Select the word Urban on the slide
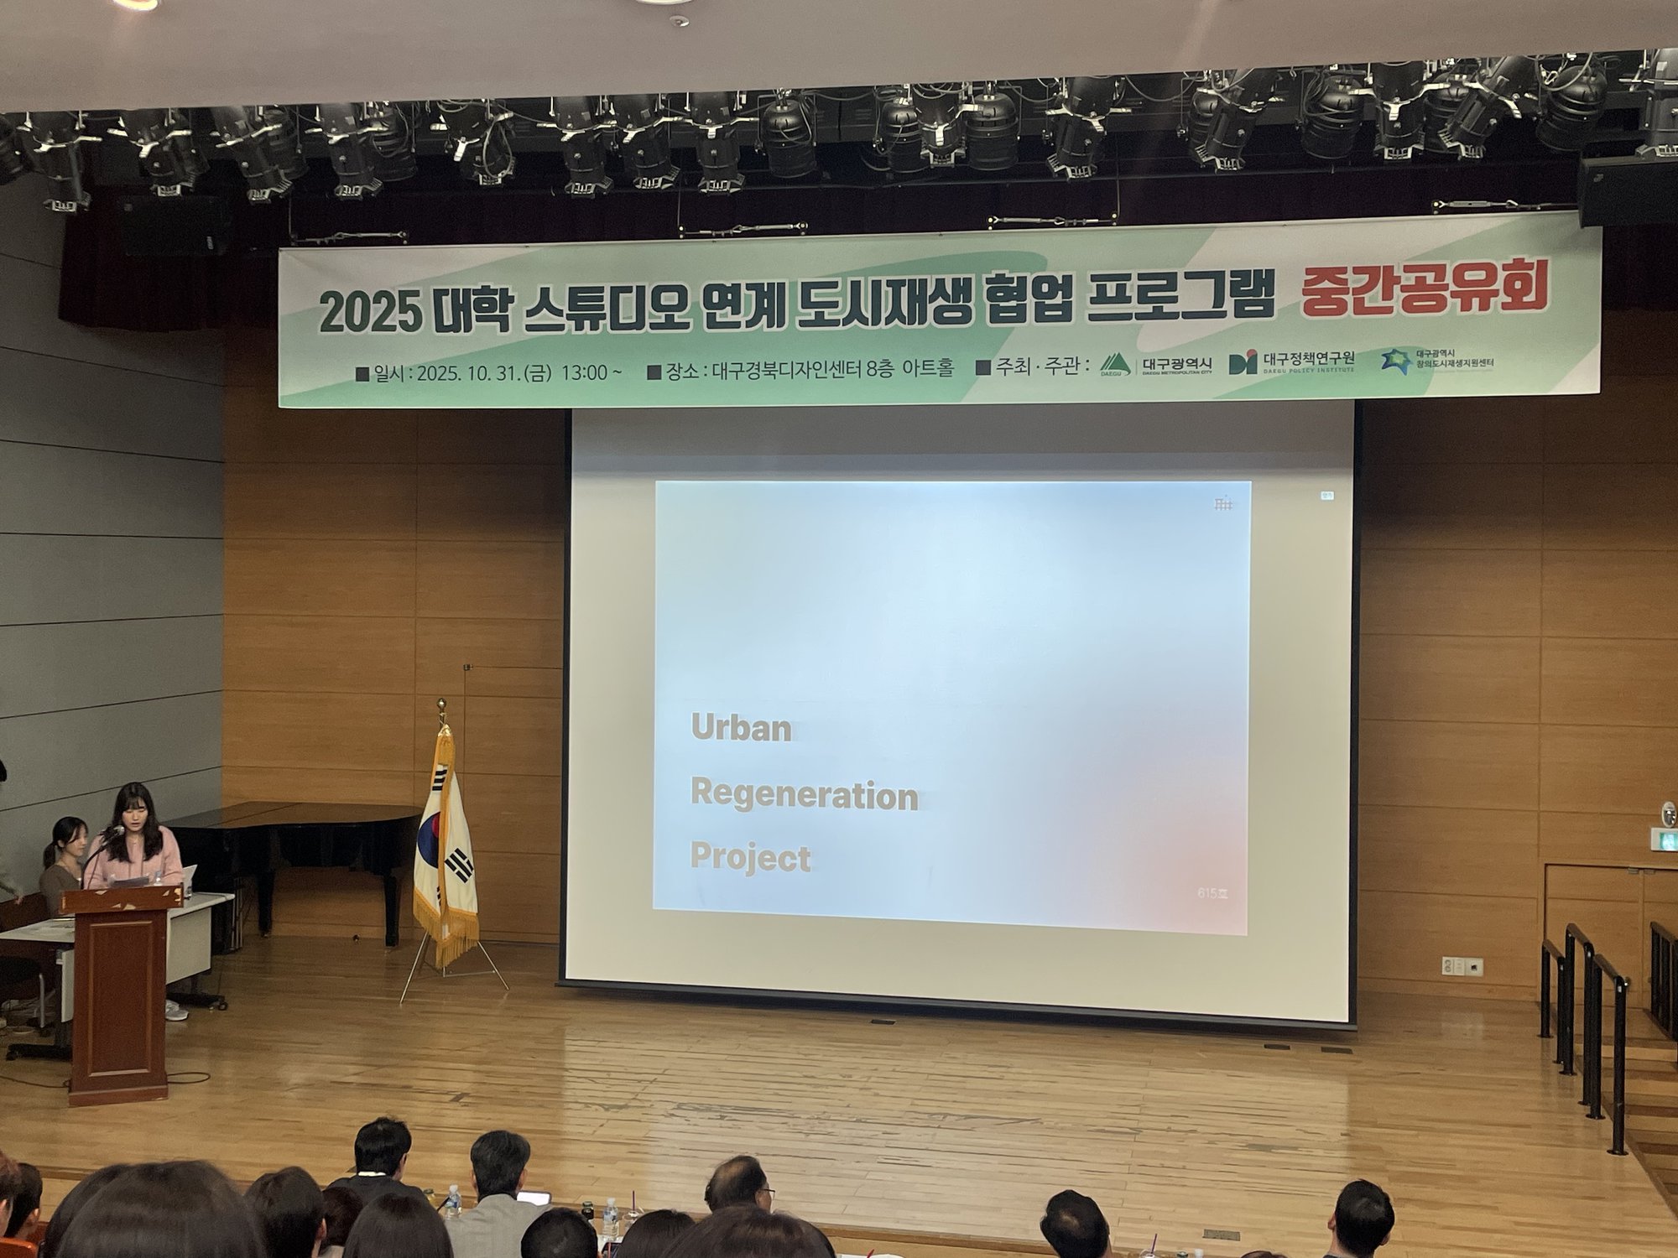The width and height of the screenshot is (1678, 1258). [741, 728]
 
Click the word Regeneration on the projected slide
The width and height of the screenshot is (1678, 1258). [804, 794]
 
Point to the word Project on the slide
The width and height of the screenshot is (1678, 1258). [750, 857]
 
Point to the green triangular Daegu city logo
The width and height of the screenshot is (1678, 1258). [1116, 364]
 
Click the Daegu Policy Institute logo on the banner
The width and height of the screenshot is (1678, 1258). [1243, 361]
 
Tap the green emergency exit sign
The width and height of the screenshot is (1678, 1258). [1663, 838]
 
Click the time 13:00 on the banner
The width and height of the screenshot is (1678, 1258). [585, 372]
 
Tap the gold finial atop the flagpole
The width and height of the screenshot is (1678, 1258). [442, 705]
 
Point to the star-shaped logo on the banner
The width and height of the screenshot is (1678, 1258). [1395, 361]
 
